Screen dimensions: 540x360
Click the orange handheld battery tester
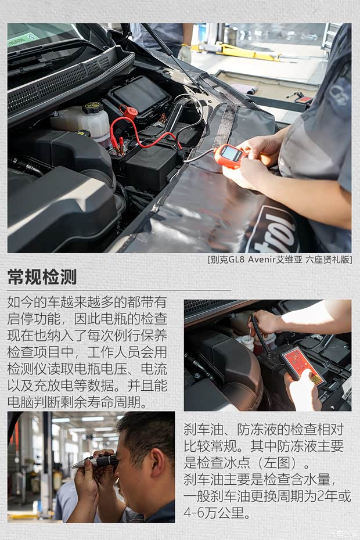tap(229, 156)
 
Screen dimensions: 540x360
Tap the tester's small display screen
tap(232, 153)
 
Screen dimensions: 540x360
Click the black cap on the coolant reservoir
tap(92, 108)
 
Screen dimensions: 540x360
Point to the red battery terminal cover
tap(129, 112)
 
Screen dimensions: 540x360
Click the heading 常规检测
tap(42, 277)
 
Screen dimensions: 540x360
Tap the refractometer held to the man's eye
tap(96, 461)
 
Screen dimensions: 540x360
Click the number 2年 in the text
tap(329, 497)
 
